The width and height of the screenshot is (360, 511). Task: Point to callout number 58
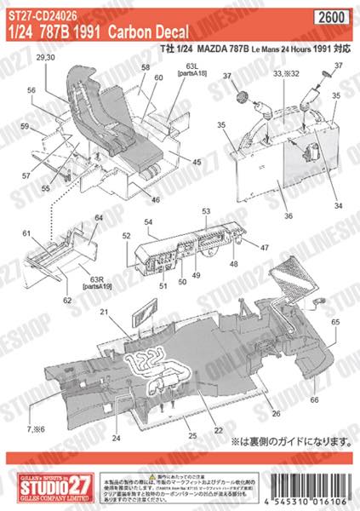145,66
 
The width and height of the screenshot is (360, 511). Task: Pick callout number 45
197,162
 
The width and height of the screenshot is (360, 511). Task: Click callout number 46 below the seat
156,199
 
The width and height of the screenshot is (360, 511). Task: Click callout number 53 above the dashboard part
205,210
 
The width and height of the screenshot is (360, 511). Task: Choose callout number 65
336,321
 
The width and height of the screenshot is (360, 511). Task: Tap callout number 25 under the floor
193,435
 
